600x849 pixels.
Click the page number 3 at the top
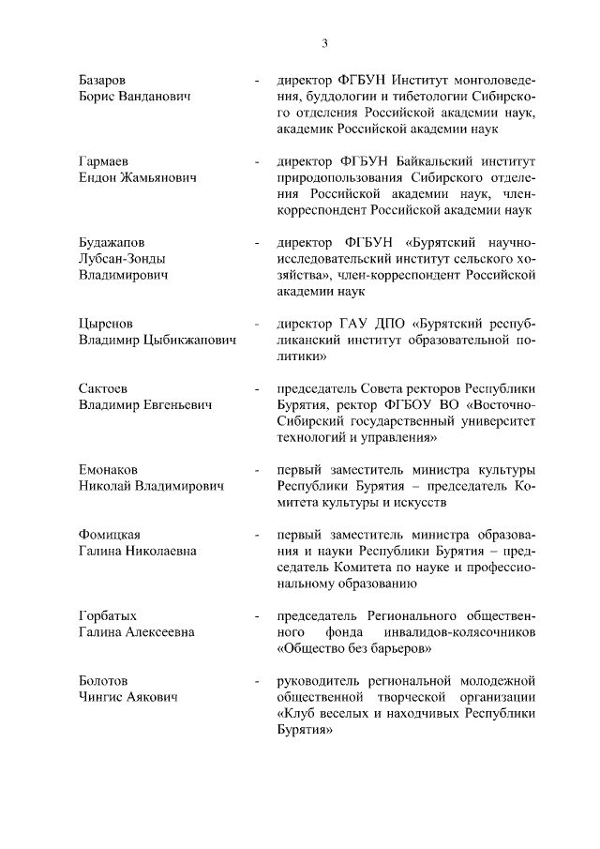(324, 42)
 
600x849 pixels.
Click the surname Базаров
(103, 80)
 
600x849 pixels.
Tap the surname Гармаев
(103, 161)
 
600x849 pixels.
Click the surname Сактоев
(104, 387)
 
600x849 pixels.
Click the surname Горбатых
(108, 615)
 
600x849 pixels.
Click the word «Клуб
(296, 714)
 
